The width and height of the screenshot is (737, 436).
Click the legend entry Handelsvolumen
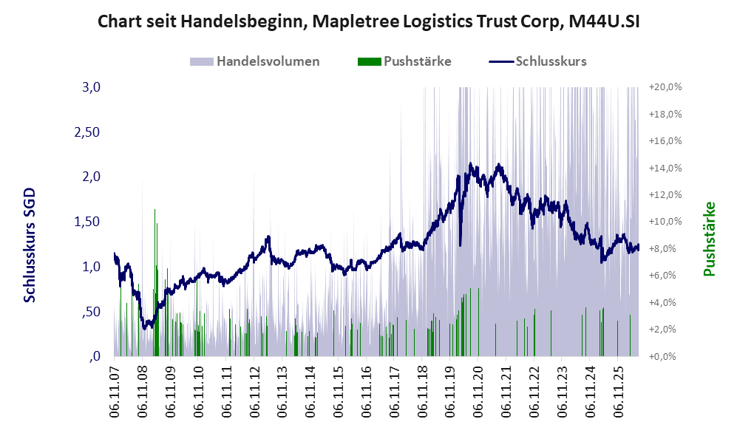[255, 61]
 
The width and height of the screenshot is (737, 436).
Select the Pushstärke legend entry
[404, 61]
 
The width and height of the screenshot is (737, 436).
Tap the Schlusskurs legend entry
[537, 61]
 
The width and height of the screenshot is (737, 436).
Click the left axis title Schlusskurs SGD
[29, 245]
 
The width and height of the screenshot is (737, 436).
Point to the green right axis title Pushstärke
[709, 239]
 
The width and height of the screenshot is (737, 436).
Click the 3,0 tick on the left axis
[91, 87]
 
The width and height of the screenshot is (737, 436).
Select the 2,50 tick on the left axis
[87, 132]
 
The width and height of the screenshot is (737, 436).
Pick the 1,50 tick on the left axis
[87, 222]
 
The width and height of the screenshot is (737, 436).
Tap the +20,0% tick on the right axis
[665, 87]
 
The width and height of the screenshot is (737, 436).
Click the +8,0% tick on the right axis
[665, 248]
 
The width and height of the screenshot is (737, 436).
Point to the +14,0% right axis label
[665, 168]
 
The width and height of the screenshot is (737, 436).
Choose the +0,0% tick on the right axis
[665, 357]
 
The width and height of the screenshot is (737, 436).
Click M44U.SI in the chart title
[604, 21]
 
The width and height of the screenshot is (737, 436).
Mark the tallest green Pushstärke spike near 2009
[154, 282]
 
